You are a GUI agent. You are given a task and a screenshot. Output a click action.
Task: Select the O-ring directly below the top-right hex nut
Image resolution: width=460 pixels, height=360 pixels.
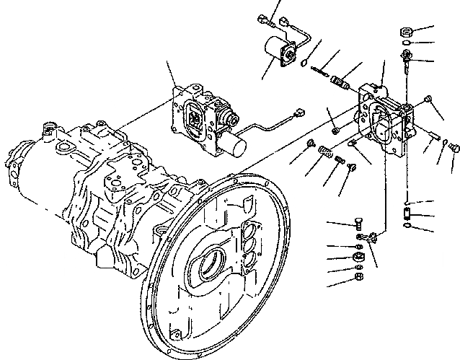pos(407,44)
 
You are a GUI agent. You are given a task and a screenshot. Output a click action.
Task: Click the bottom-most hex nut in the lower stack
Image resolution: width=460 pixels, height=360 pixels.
pos(358,276)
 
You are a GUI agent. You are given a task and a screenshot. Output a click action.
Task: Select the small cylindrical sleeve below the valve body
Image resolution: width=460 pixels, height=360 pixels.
pos(408,214)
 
